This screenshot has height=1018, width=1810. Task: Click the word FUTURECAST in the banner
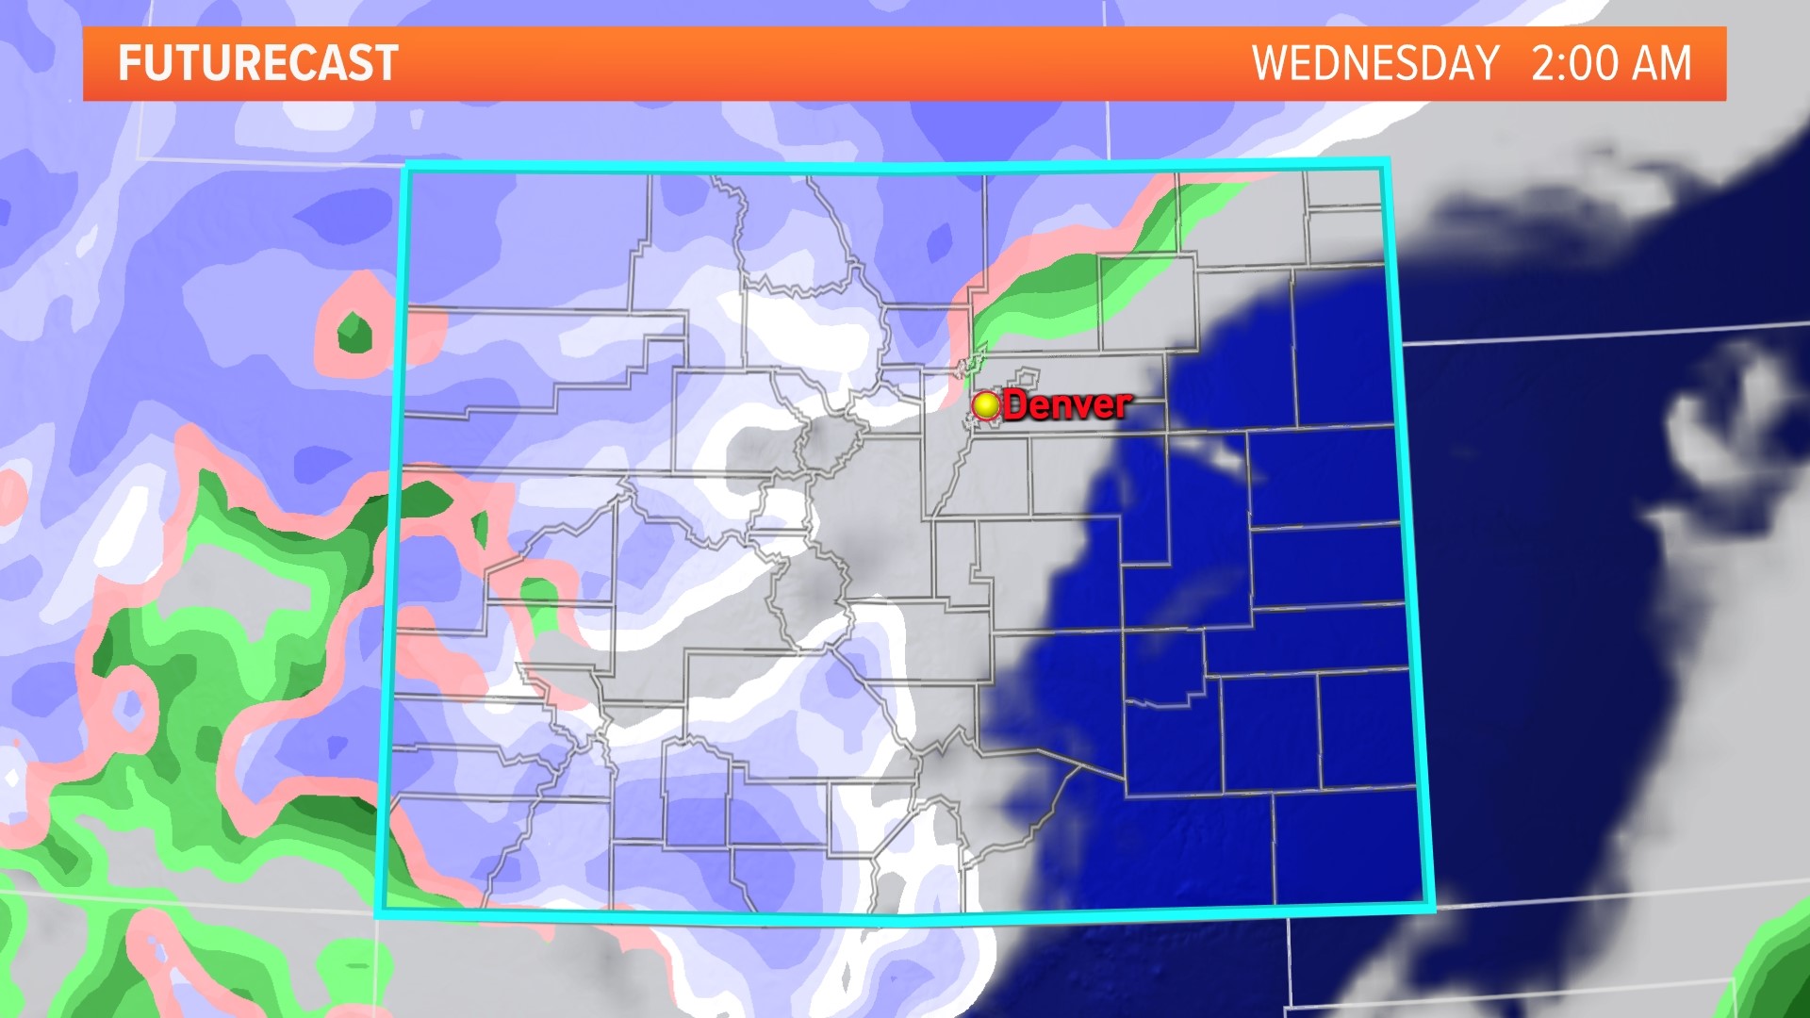(257, 64)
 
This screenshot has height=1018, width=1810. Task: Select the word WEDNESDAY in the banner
(1375, 64)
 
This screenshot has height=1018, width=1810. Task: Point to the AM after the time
(1662, 64)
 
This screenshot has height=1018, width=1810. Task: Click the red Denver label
(1066, 405)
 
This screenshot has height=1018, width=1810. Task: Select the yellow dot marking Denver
(986, 405)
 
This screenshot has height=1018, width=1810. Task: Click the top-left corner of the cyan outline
(406, 168)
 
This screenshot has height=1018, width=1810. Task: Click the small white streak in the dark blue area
(1224, 459)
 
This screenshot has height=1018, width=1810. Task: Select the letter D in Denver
(1016, 405)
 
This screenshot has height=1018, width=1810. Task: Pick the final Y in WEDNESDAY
(1485, 64)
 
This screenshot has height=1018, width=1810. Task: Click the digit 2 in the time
(1547, 64)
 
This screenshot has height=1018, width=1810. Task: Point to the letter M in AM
(1676, 64)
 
